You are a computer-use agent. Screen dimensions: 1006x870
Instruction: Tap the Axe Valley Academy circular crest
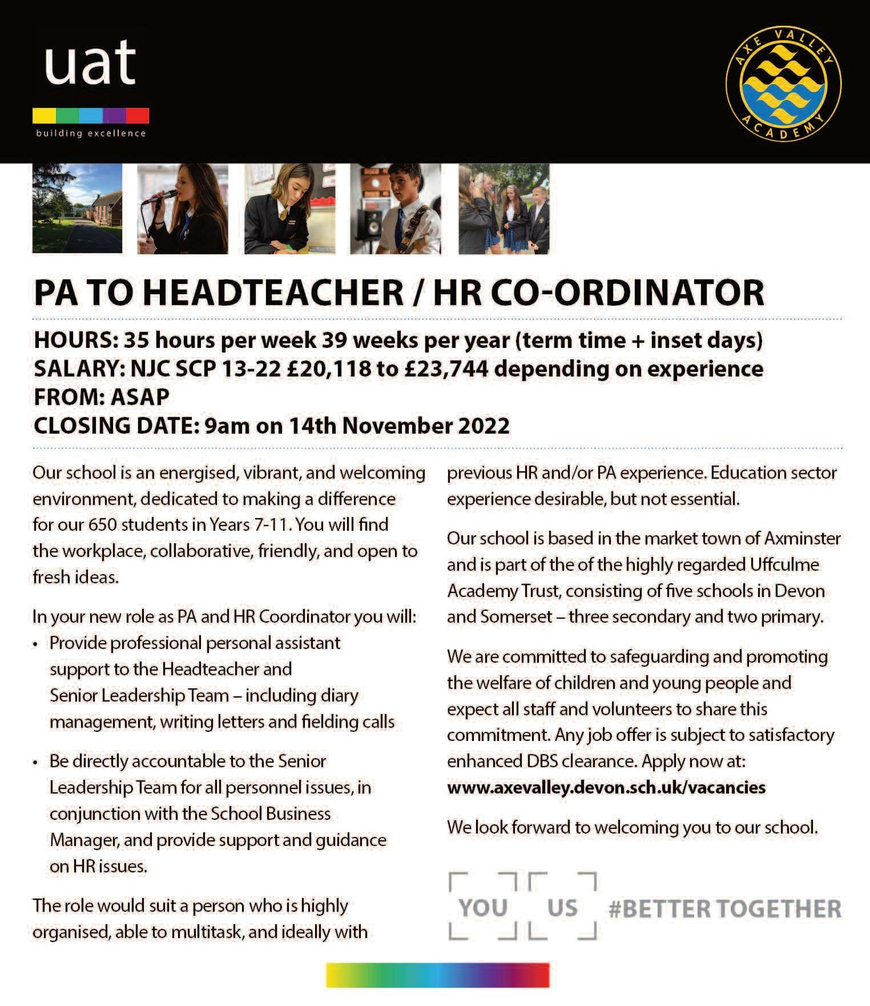[783, 83]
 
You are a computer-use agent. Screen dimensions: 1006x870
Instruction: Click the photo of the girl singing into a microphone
[183, 209]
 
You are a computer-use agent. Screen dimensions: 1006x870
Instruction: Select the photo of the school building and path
[77, 209]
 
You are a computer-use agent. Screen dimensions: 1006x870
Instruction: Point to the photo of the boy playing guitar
[396, 209]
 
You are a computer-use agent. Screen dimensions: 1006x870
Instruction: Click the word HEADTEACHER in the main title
[273, 292]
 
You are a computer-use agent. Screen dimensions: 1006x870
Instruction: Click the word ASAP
[139, 397]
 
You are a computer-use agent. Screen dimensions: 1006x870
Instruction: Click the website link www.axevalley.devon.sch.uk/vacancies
[606, 788]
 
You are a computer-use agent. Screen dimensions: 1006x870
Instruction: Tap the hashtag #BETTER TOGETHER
[725, 908]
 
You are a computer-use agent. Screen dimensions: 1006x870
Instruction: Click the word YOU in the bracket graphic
[483, 908]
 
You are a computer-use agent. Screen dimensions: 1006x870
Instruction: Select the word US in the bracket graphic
[562, 908]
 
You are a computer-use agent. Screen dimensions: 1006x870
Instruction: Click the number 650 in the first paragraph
[102, 524]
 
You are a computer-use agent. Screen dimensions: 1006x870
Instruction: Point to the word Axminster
[802, 538]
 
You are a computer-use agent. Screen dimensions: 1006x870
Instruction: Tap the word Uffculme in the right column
[784, 564]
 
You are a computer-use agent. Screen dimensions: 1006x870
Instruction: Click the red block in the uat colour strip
[138, 115]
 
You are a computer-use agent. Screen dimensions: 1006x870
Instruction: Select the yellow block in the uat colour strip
[44, 115]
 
